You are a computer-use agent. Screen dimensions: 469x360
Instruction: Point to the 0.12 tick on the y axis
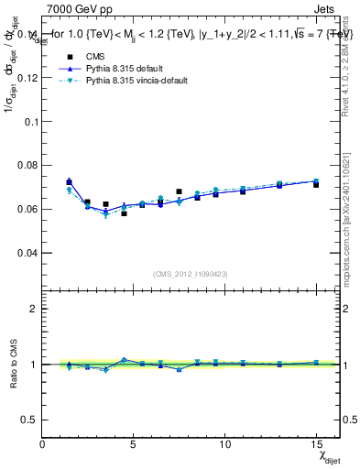tap(27, 78)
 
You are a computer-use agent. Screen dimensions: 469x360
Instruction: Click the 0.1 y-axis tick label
tap(31, 122)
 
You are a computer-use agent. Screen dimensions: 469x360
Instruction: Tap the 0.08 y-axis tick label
tap(27, 166)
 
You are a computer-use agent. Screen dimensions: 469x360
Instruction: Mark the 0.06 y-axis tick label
tap(27, 209)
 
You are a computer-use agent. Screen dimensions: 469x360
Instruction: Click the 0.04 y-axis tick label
tap(27, 253)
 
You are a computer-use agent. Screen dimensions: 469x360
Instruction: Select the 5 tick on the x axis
tap(134, 444)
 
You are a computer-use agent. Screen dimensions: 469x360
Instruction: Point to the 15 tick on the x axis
tap(315, 444)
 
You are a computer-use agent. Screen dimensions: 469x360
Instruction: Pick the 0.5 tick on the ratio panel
tap(29, 420)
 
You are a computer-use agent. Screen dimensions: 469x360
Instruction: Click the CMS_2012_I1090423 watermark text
tap(191, 275)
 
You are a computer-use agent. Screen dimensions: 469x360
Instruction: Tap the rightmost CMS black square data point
tap(316, 184)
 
